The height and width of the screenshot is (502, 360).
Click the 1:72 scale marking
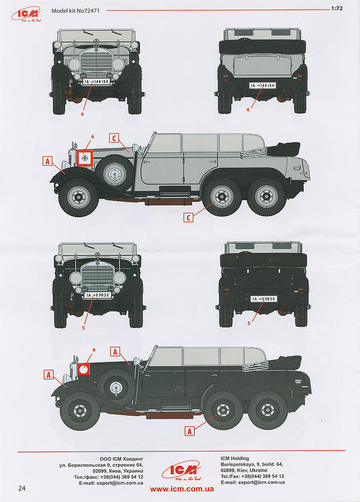click(x=337, y=9)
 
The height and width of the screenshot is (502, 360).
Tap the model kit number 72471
click(x=75, y=11)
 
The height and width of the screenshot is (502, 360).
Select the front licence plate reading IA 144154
click(x=96, y=82)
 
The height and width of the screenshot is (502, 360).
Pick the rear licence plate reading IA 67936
click(x=264, y=299)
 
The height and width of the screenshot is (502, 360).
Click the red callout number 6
click(x=93, y=136)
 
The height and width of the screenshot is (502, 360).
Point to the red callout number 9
click(x=94, y=350)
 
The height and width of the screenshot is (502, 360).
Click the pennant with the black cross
click(x=85, y=158)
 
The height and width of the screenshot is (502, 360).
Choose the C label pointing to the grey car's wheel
click(x=189, y=217)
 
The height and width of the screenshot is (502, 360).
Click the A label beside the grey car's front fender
click(x=48, y=161)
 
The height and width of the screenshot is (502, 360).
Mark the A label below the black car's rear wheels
click(x=190, y=431)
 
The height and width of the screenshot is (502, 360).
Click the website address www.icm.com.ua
click(x=182, y=489)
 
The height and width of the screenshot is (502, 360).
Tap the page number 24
click(x=22, y=488)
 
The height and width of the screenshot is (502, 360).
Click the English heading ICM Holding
click(x=235, y=458)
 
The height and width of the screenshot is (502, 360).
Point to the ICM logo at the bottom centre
click(x=181, y=470)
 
